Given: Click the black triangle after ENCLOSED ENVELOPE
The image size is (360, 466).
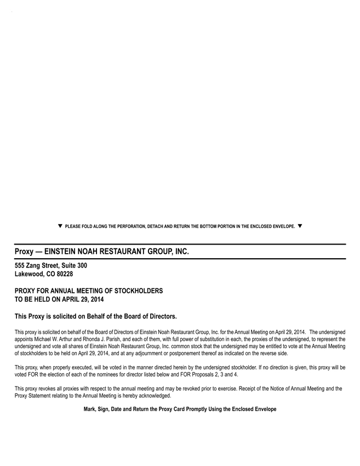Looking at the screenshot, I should click(x=300, y=226).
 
